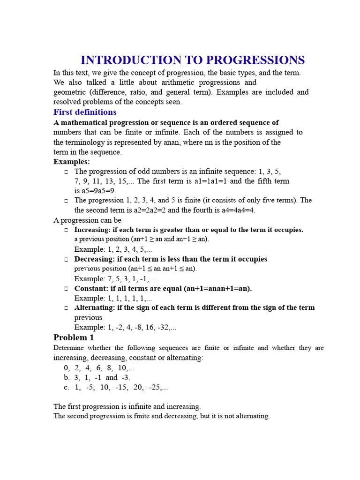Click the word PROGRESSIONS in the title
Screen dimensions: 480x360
(255, 60)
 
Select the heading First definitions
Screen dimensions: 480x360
(85, 112)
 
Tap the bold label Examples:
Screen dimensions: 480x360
(71, 162)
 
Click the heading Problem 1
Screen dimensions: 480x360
(74, 337)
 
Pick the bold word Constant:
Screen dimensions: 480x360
(91, 289)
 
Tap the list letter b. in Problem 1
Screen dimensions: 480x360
(67, 377)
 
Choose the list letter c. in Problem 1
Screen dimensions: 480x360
(67, 387)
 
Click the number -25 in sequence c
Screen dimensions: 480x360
(157, 387)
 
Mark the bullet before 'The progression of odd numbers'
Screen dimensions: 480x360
(67, 172)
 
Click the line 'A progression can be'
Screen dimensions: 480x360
(87, 220)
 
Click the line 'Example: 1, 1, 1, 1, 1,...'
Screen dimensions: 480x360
(113, 298)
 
